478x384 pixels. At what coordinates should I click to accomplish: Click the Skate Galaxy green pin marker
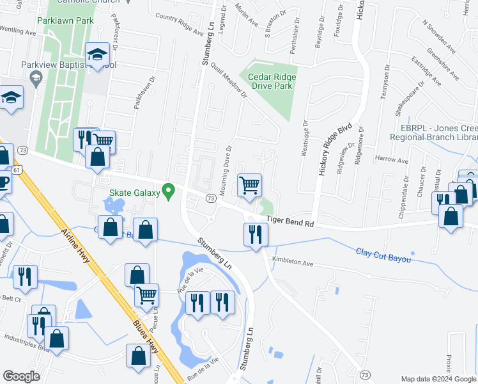(x=169, y=191)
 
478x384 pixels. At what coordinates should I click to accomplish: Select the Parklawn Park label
(x=66, y=20)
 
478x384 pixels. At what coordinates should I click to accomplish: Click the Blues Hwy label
(x=145, y=339)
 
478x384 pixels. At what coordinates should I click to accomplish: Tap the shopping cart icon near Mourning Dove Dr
(x=249, y=185)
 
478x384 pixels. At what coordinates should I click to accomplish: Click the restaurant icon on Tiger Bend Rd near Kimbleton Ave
(x=255, y=234)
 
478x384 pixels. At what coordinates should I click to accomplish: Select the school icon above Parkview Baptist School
(x=98, y=54)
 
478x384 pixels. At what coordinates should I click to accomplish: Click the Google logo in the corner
(x=22, y=376)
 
